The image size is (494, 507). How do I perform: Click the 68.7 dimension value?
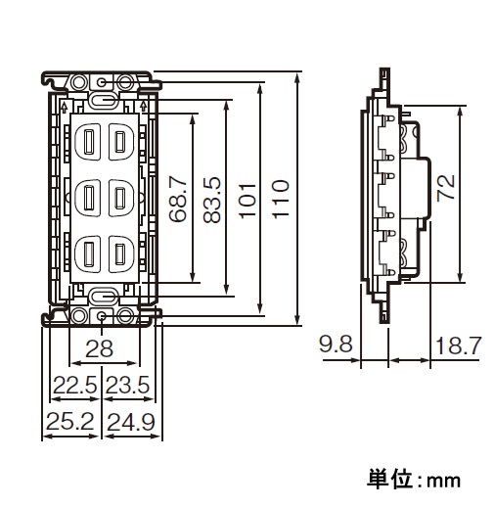[178, 199]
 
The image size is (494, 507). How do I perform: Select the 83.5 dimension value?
[211, 200]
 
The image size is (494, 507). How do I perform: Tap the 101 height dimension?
[247, 201]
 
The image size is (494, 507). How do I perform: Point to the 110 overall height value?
[281, 199]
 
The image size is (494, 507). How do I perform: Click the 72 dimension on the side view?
[446, 187]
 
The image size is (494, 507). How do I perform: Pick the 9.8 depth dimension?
[336, 345]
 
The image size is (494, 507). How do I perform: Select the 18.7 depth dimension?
[458, 346]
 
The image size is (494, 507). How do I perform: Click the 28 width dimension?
[99, 348]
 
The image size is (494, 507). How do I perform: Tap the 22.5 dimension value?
[74, 385]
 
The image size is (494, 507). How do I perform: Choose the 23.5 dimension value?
[127, 385]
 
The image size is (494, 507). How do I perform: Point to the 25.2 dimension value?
[70, 422]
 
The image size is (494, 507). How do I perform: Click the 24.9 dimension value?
[130, 422]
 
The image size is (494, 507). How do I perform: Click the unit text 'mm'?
[444, 482]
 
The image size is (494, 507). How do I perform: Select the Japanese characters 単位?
[388, 480]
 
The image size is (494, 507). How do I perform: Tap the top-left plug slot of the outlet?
[88, 142]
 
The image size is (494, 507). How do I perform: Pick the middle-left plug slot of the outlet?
[88, 198]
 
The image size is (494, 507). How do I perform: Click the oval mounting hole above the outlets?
[103, 101]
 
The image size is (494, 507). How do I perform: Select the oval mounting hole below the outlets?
[103, 297]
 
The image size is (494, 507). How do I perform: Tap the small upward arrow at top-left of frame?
[65, 106]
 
